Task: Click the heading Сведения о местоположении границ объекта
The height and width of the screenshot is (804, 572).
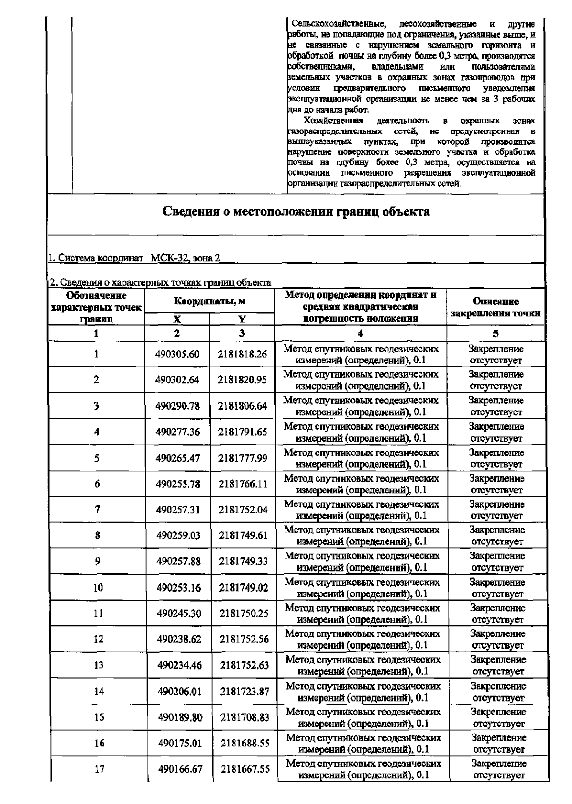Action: click(x=296, y=211)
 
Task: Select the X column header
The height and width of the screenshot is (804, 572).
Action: click(x=176, y=320)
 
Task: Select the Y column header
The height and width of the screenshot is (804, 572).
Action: click(x=242, y=320)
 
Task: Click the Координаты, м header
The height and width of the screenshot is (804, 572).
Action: click(x=209, y=301)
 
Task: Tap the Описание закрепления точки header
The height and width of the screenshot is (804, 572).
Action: click(x=495, y=307)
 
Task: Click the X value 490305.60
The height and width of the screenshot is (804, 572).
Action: click(x=177, y=354)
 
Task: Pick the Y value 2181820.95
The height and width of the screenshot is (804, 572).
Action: click(x=243, y=380)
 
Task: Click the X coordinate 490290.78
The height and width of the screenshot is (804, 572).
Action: click(x=177, y=406)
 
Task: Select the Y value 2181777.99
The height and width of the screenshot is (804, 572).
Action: click(x=243, y=458)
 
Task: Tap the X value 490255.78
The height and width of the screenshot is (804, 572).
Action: click(x=178, y=484)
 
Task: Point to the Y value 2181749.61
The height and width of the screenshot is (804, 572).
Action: click(x=243, y=535)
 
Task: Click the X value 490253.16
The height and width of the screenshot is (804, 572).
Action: click(x=179, y=588)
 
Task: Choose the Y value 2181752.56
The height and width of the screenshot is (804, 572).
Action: click(x=244, y=639)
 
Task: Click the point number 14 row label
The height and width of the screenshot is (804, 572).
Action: click(x=99, y=692)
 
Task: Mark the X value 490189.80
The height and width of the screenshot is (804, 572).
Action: click(x=179, y=717)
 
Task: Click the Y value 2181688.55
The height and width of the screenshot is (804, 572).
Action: click(x=245, y=743)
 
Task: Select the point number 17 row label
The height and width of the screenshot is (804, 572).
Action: click(x=99, y=769)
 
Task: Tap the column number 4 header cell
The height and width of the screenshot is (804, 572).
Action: click(x=360, y=333)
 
